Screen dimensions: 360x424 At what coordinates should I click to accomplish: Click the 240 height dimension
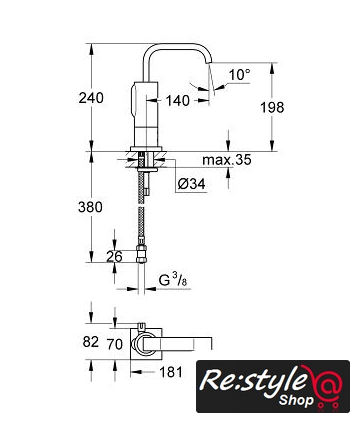tap(91, 98)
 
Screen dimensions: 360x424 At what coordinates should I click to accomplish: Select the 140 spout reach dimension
tap(177, 100)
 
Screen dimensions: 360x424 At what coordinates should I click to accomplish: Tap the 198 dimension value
tap(272, 107)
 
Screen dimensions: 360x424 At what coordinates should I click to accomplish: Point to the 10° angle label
tap(239, 75)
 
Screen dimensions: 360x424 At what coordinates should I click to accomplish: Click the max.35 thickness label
tap(227, 160)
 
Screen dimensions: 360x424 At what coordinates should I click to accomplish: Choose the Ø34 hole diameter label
tap(191, 184)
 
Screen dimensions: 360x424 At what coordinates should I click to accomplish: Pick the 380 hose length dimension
tap(90, 207)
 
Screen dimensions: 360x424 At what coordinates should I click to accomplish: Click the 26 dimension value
tap(114, 257)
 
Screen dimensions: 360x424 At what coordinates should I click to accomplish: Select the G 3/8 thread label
tap(173, 281)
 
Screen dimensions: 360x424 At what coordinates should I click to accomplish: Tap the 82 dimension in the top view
tap(91, 342)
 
